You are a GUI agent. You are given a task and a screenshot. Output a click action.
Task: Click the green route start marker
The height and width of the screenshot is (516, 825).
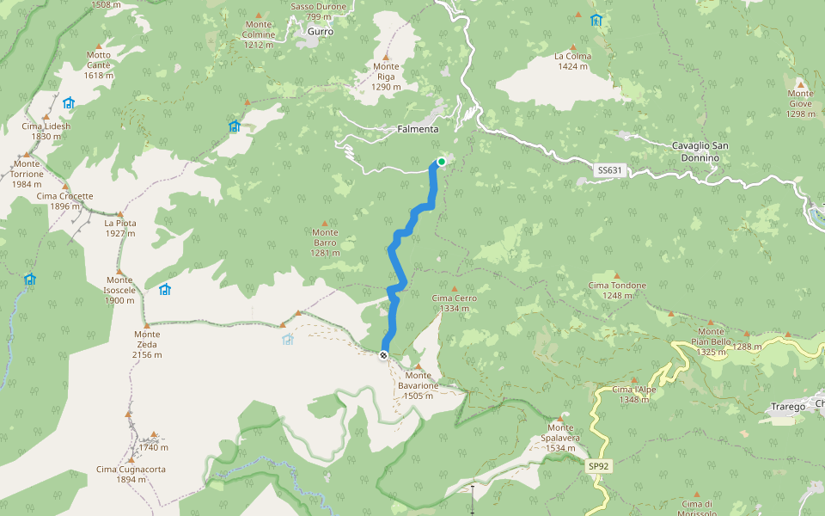441,161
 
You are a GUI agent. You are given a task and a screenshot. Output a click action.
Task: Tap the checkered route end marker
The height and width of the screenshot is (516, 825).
383,354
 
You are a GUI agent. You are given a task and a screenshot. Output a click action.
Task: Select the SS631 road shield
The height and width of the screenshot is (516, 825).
608,170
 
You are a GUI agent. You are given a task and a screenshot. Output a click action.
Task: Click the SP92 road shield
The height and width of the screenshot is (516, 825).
598,466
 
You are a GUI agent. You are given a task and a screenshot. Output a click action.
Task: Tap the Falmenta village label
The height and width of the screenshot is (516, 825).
419,129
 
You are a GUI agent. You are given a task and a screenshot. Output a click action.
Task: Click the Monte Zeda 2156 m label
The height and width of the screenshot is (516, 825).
147,339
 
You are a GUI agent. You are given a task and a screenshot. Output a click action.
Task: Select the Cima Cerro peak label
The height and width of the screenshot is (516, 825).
455,303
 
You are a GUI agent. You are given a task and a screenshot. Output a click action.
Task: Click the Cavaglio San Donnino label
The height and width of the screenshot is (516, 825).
700,152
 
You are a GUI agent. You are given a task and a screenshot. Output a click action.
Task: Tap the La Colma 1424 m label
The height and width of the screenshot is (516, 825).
572,61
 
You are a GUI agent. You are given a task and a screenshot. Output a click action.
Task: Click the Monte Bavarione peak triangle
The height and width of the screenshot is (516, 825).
419,366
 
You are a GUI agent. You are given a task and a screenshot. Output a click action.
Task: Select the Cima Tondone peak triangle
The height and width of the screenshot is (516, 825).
616,276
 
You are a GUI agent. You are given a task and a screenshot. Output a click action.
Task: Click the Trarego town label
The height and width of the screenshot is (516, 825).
788,407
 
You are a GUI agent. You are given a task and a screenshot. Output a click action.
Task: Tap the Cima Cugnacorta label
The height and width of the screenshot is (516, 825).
131,474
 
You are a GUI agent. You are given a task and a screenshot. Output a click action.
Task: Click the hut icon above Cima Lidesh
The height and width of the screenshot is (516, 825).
68,102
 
